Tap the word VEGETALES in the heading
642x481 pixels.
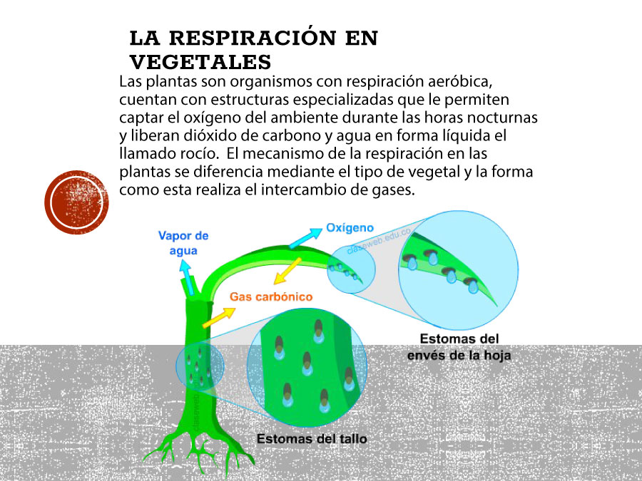pyautogui.click(x=200, y=62)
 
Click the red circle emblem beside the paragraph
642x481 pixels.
pyautogui.click(x=76, y=202)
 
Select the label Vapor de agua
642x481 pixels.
pyautogui.click(x=183, y=243)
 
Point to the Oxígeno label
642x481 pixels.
pyautogui.click(x=350, y=228)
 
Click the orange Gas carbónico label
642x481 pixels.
pyautogui.click(x=271, y=296)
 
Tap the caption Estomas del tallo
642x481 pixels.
pyautogui.click(x=312, y=439)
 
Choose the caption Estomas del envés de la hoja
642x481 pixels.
pyautogui.click(x=459, y=347)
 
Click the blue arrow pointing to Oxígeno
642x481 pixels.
pyautogui.click(x=306, y=238)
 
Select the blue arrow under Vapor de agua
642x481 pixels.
pyautogui.click(x=187, y=277)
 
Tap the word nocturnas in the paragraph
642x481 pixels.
pyautogui.click(x=502, y=118)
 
